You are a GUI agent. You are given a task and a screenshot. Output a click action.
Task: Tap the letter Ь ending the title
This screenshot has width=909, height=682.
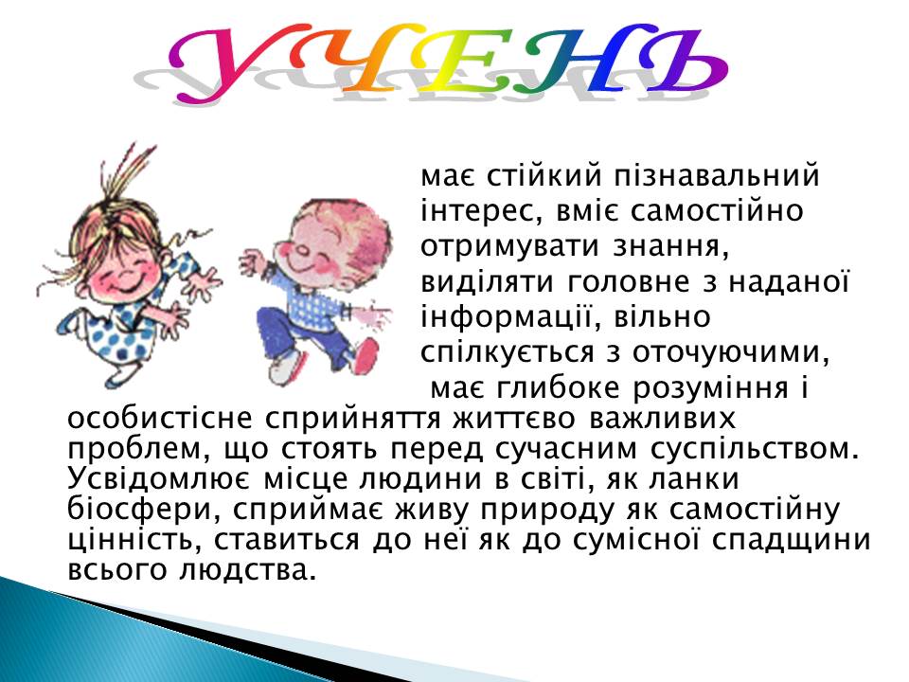(x=678, y=58)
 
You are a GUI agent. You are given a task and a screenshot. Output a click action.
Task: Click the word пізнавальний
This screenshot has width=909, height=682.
(x=717, y=176)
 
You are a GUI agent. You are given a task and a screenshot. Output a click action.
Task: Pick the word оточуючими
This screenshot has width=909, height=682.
(x=730, y=353)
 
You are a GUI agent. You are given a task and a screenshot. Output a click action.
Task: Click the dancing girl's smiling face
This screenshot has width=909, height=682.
(x=126, y=267)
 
